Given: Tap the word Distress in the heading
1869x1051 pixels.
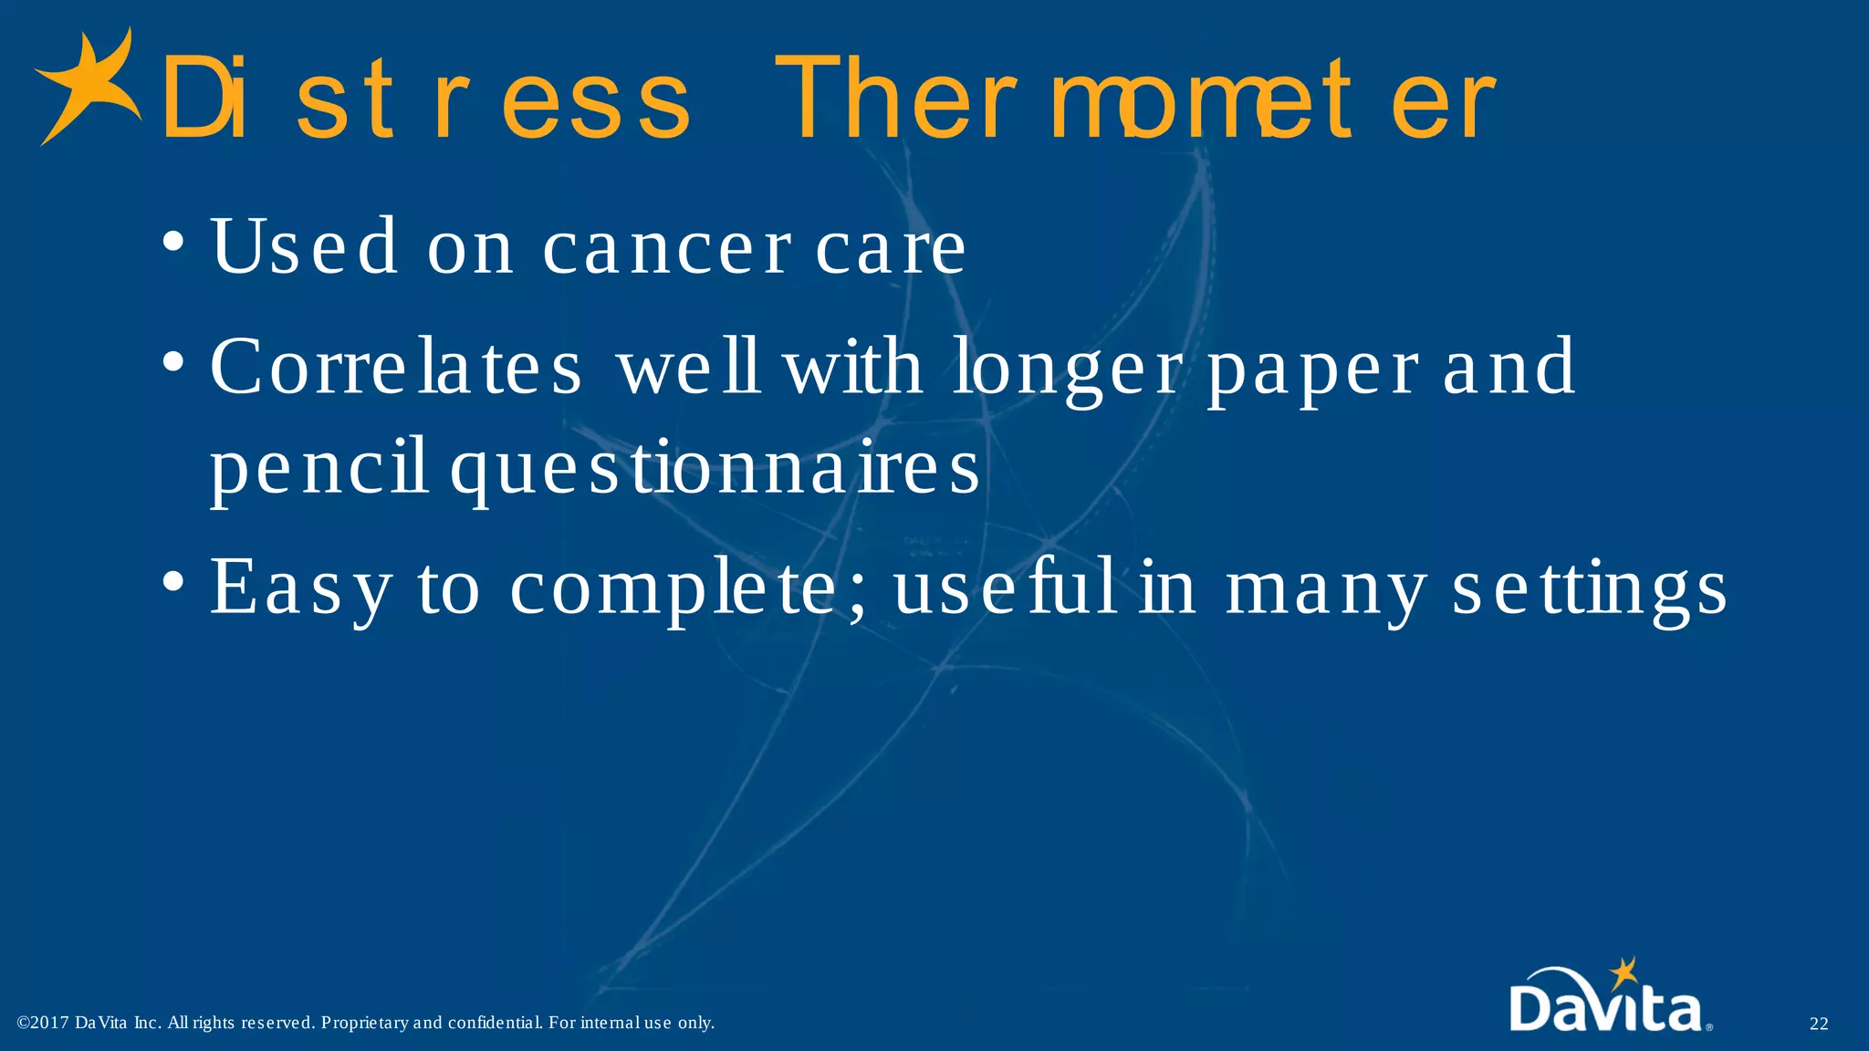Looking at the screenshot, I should (425, 99).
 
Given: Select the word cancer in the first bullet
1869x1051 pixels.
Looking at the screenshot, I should (667, 247).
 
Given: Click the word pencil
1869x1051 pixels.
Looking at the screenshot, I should (319, 468).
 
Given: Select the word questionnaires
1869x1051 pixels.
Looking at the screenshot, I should (715, 468).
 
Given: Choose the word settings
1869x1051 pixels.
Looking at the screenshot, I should (1589, 589).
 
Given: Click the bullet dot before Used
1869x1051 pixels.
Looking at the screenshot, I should (173, 244).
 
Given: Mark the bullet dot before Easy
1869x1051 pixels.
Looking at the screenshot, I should (173, 581).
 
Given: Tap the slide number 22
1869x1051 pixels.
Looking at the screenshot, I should (1818, 1024).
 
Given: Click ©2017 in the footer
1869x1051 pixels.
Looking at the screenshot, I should (43, 1023).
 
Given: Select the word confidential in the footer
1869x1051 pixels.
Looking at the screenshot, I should (496, 1023).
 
